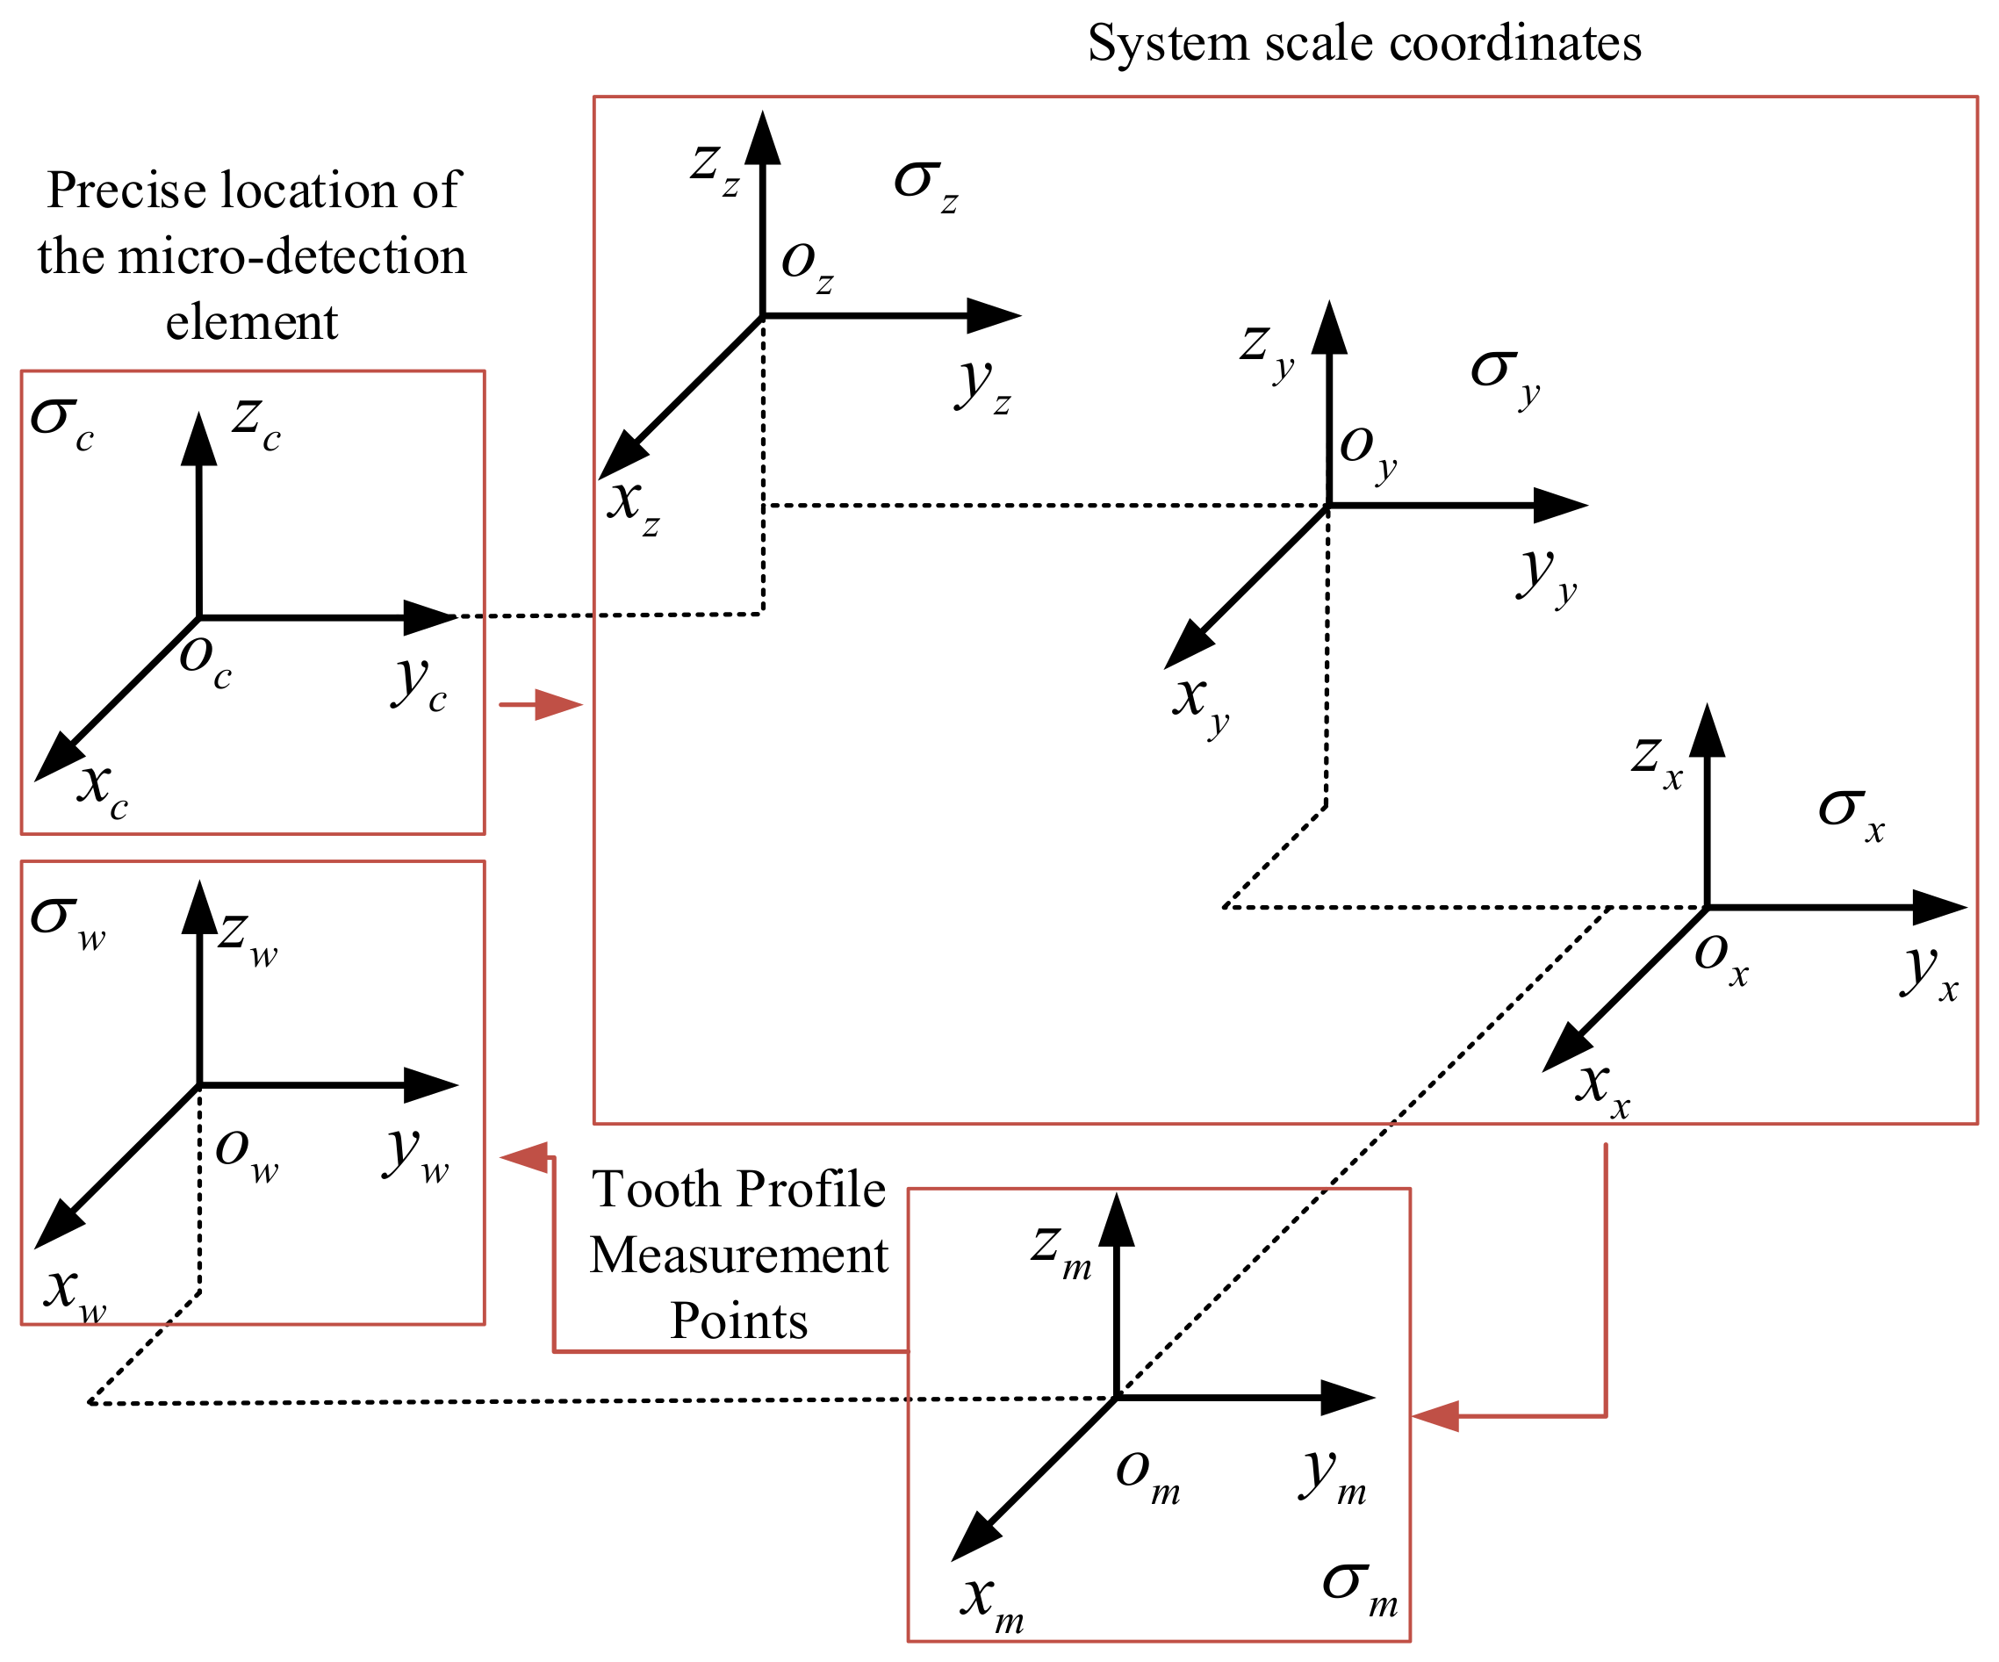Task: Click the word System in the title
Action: pyautogui.click(x=1167, y=44)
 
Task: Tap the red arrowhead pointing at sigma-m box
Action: pyautogui.click(x=1435, y=1416)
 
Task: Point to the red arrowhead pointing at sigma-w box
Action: pyautogui.click(x=523, y=1157)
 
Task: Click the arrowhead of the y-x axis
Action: pyautogui.click(x=1938, y=908)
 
